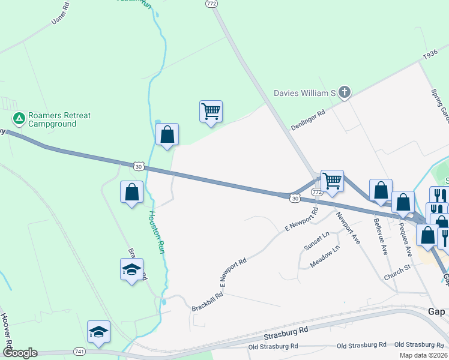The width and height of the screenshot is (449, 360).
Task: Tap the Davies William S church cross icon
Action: click(344, 92)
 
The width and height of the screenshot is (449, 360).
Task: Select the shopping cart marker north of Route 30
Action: click(211, 112)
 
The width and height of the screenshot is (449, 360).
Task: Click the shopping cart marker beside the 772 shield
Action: click(332, 181)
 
